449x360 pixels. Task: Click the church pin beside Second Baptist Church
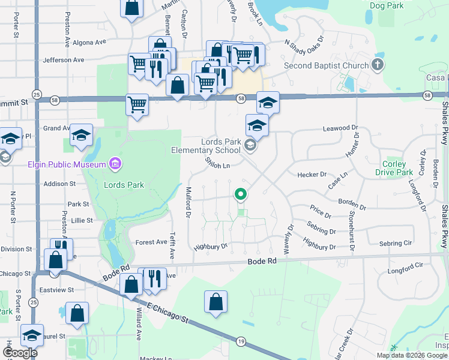tap(378, 65)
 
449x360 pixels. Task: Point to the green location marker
tap(241, 194)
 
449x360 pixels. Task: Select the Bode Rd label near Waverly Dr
tap(262, 262)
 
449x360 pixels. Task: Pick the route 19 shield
tap(241, 340)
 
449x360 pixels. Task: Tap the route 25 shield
tap(37, 95)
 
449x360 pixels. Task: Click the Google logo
tap(19, 353)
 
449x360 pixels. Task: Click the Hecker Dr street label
tap(312, 175)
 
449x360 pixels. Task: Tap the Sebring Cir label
tap(395, 243)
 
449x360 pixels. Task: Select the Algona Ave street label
tap(89, 43)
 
